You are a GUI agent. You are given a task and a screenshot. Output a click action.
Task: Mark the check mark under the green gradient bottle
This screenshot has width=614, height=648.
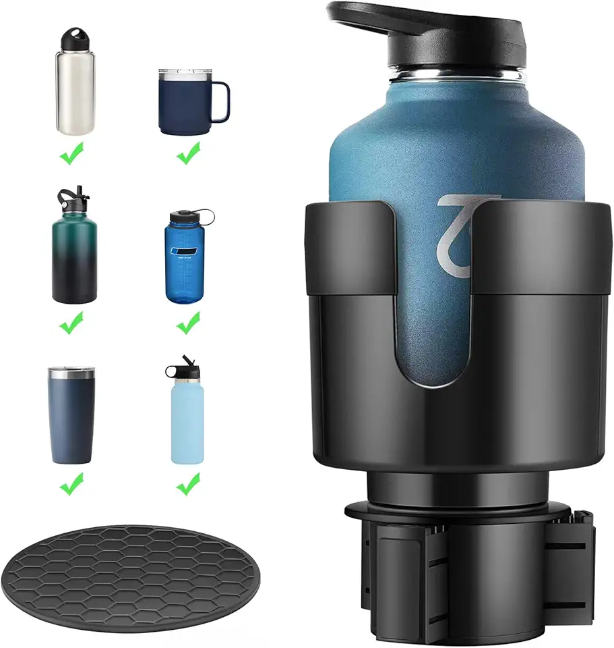(71, 325)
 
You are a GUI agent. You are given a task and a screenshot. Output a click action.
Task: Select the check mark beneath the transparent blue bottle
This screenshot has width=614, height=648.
(188, 325)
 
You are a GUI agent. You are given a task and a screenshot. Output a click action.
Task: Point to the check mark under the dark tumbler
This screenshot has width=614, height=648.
(71, 483)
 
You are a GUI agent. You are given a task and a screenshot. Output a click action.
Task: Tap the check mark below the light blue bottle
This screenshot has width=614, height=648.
(188, 483)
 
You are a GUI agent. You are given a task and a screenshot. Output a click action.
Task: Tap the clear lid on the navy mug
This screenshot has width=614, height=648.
(182, 72)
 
